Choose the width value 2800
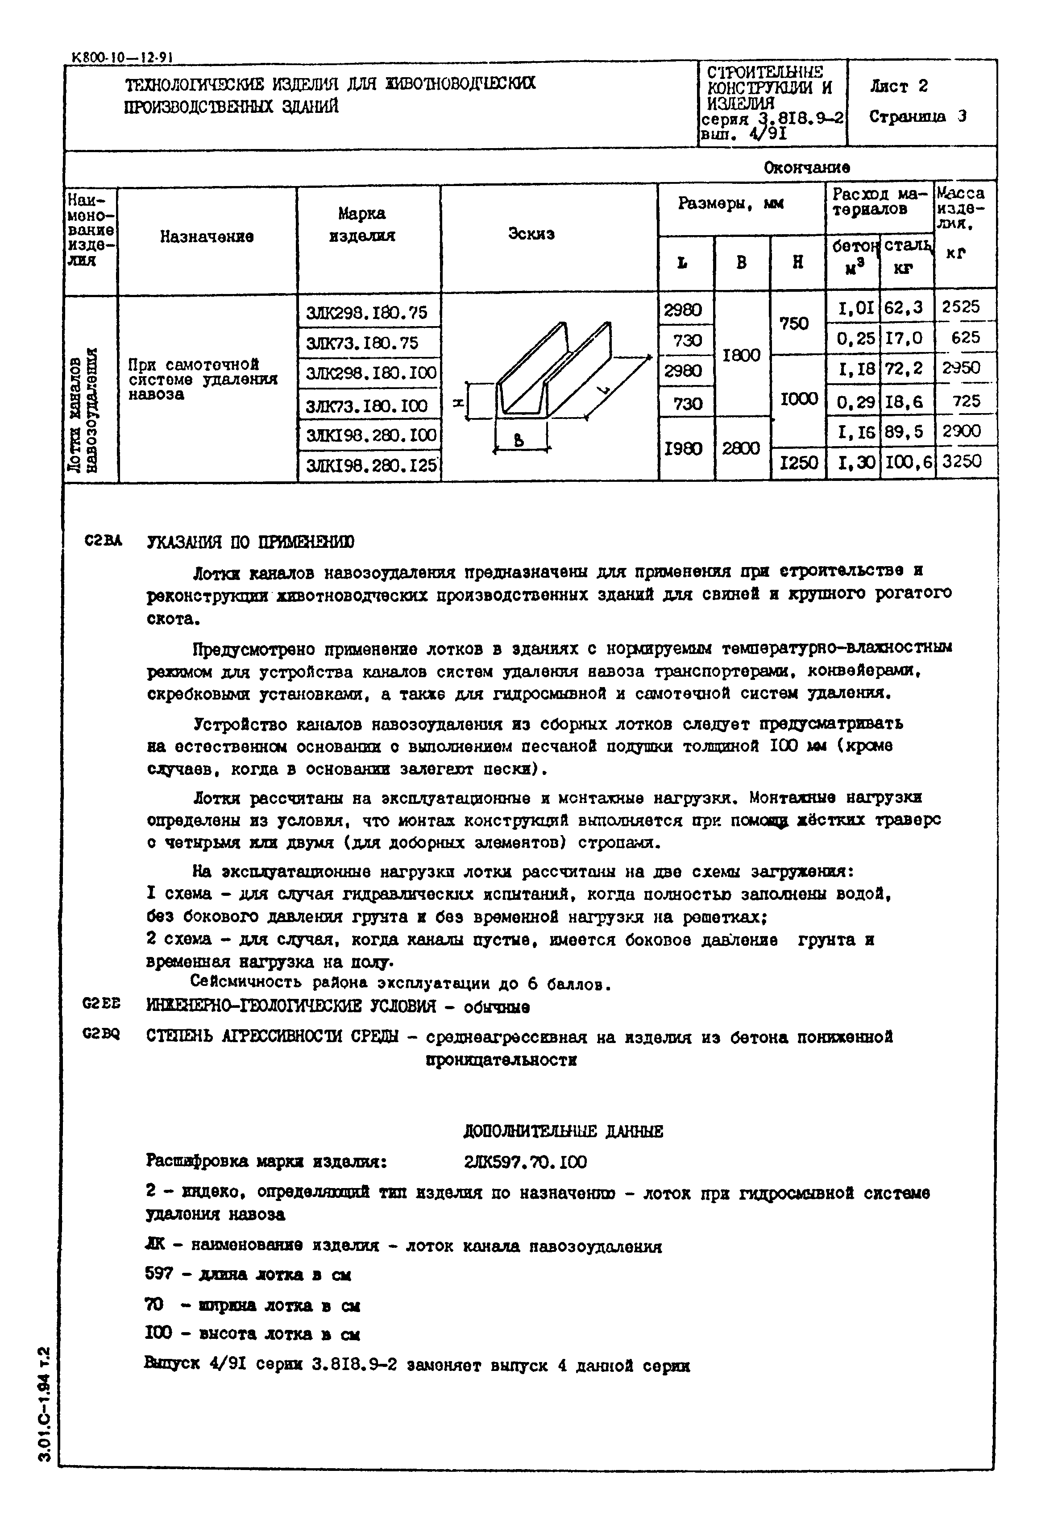pyautogui.click(x=742, y=448)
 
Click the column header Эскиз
pyautogui.click(x=531, y=234)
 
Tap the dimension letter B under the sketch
pyautogui.click(x=519, y=440)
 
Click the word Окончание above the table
pyautogui.click(x=807, y=168)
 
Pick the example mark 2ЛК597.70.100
pyautogui.click(x=525, y=1162)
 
